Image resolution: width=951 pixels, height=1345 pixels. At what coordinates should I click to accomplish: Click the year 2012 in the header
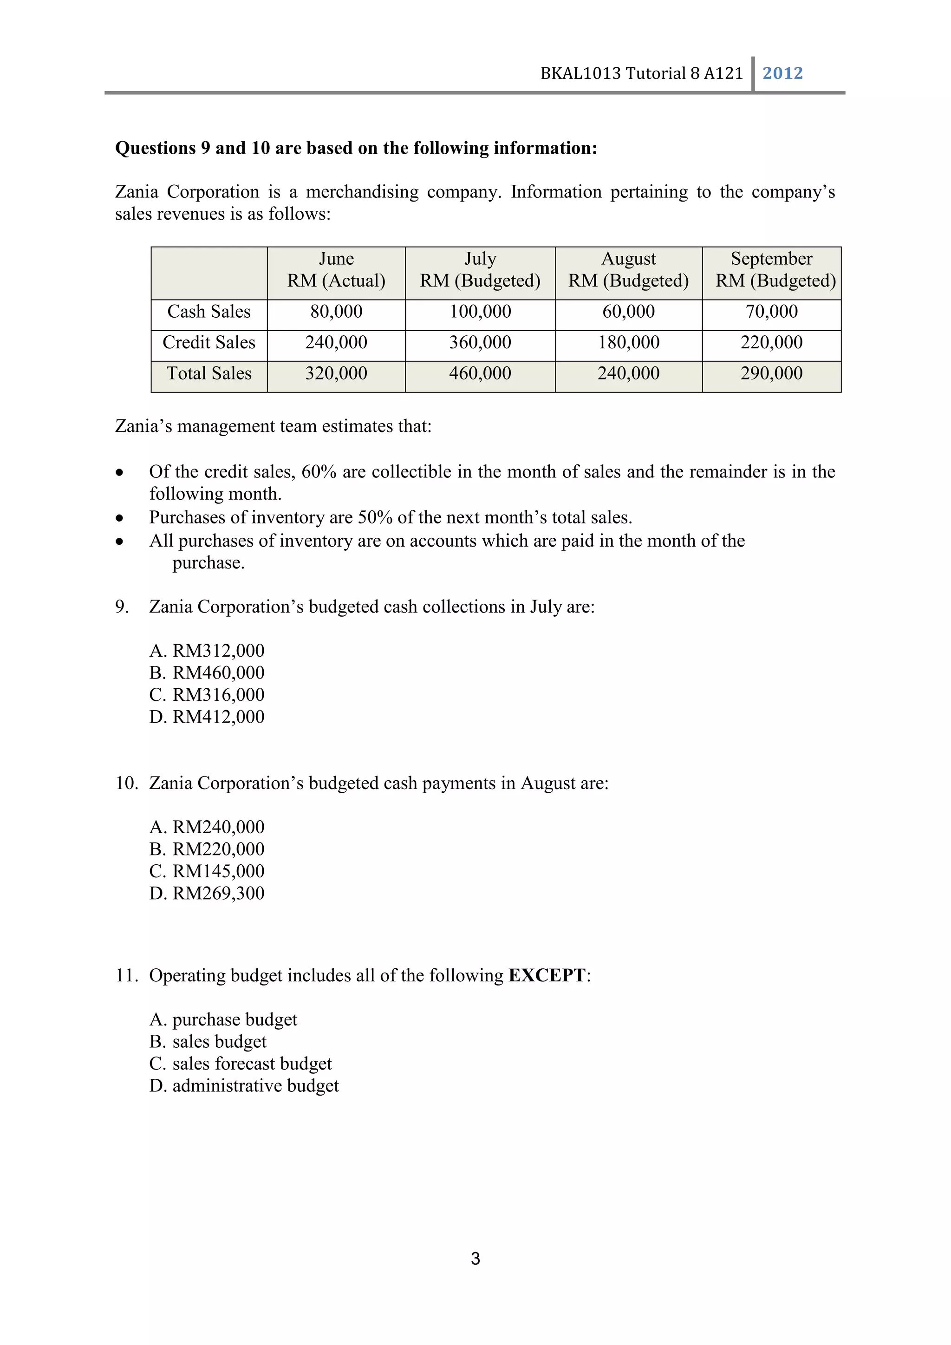[x=782, y=73]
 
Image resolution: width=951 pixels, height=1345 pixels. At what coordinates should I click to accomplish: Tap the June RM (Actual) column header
[x=336, y=270]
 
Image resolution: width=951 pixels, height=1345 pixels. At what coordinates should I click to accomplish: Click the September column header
[x=771, y=259]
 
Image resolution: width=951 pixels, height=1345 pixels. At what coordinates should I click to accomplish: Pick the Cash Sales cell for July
[x=480, y=312]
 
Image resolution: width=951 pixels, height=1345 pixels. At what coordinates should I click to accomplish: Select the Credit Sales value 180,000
[x=628, y=343]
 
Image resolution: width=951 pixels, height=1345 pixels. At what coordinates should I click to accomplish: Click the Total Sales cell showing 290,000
[x=771, y=373]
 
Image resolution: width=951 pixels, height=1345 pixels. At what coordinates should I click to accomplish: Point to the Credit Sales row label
[x=209, y=343]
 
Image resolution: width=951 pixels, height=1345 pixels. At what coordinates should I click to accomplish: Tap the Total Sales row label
[x=209, y=373]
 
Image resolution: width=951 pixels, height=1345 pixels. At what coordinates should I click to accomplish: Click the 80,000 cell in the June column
[x=336, y=312]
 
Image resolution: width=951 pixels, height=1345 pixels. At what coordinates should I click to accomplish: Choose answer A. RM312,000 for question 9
[x=207, y=651]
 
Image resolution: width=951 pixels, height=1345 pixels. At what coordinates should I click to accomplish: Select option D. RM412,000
[x=207, y=717]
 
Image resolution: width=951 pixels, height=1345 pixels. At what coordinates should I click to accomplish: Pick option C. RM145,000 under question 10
[x=207, y=871]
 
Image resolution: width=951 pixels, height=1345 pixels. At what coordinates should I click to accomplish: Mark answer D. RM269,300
[x=207, y=894]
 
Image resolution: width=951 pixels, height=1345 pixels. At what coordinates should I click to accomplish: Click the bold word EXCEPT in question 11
[x=547, y=975]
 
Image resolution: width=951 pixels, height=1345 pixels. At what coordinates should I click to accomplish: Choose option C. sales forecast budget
[x=240, y=1064]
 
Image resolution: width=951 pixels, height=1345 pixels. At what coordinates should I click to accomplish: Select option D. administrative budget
[x=244, y=1086]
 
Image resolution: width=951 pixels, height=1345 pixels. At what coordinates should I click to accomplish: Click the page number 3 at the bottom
[x=475, y=1258]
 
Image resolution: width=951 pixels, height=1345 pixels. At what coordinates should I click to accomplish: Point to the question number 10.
[x=125, y=783]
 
